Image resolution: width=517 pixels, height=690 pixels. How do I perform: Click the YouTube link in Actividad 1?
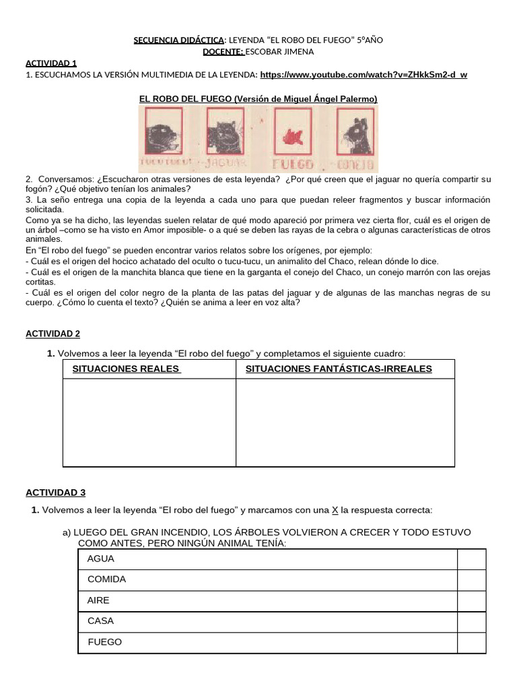tap(363, 75)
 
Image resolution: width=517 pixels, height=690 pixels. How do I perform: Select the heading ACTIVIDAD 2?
tap(53, 334)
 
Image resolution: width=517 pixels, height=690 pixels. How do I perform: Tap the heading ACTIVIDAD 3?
tap(55, 493)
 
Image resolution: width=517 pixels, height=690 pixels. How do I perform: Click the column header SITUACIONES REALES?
tap(126, 369)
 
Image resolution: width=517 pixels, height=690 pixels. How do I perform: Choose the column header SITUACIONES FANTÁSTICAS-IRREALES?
tap(339, 369)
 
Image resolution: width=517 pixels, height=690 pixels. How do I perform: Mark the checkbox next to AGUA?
tap(471, 559)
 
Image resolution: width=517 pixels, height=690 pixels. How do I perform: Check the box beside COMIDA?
tap(471, 580)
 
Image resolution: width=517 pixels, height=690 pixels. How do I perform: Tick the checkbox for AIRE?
tap(471, 601)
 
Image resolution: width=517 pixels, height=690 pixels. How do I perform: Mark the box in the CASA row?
tap(471, 622)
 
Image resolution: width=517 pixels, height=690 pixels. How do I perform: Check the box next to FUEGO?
tap(471, 643)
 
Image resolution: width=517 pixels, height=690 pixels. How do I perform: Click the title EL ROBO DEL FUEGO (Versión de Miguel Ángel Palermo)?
tap(258, 99)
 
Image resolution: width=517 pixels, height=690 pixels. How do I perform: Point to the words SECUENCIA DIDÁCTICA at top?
tap(178, 40)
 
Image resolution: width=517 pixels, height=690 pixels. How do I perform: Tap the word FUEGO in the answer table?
tap(105, 642)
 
